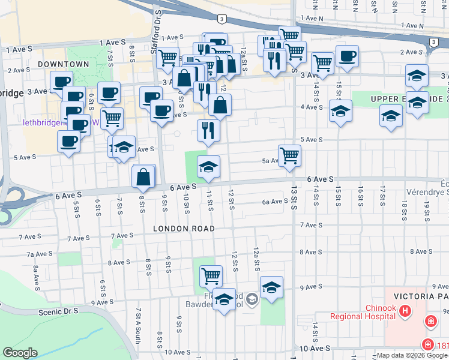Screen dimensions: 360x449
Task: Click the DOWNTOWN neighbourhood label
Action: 63,64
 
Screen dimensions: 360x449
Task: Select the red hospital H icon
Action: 406,311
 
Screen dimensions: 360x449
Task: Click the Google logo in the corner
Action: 20,353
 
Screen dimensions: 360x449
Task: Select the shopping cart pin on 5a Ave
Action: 289,155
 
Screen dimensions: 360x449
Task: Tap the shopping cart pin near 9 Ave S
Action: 211,275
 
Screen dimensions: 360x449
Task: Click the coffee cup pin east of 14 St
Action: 347,56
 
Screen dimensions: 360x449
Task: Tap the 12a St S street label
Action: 256,257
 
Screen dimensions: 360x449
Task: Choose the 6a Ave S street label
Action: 275,202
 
